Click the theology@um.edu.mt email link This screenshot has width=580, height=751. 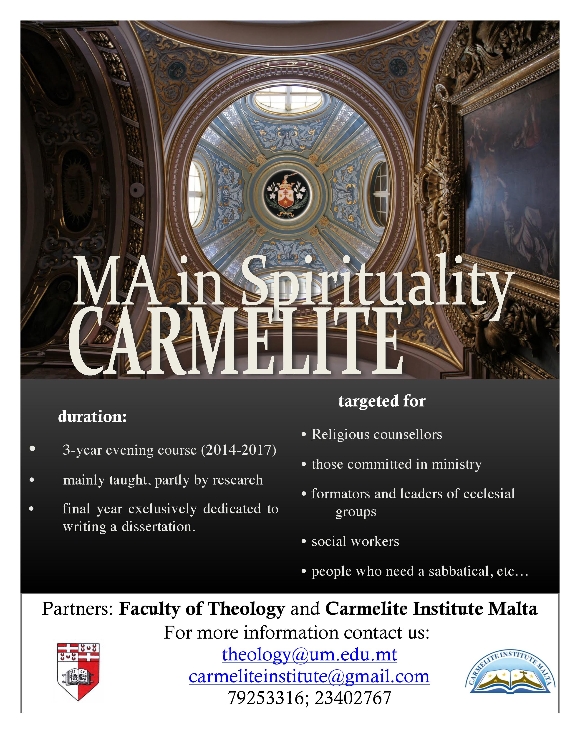(309, 655)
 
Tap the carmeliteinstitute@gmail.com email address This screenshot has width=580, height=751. (309, 677)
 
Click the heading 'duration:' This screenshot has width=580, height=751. (92, 417)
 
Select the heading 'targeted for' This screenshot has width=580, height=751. (382, 401)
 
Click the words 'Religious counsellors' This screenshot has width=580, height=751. (377, 435)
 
